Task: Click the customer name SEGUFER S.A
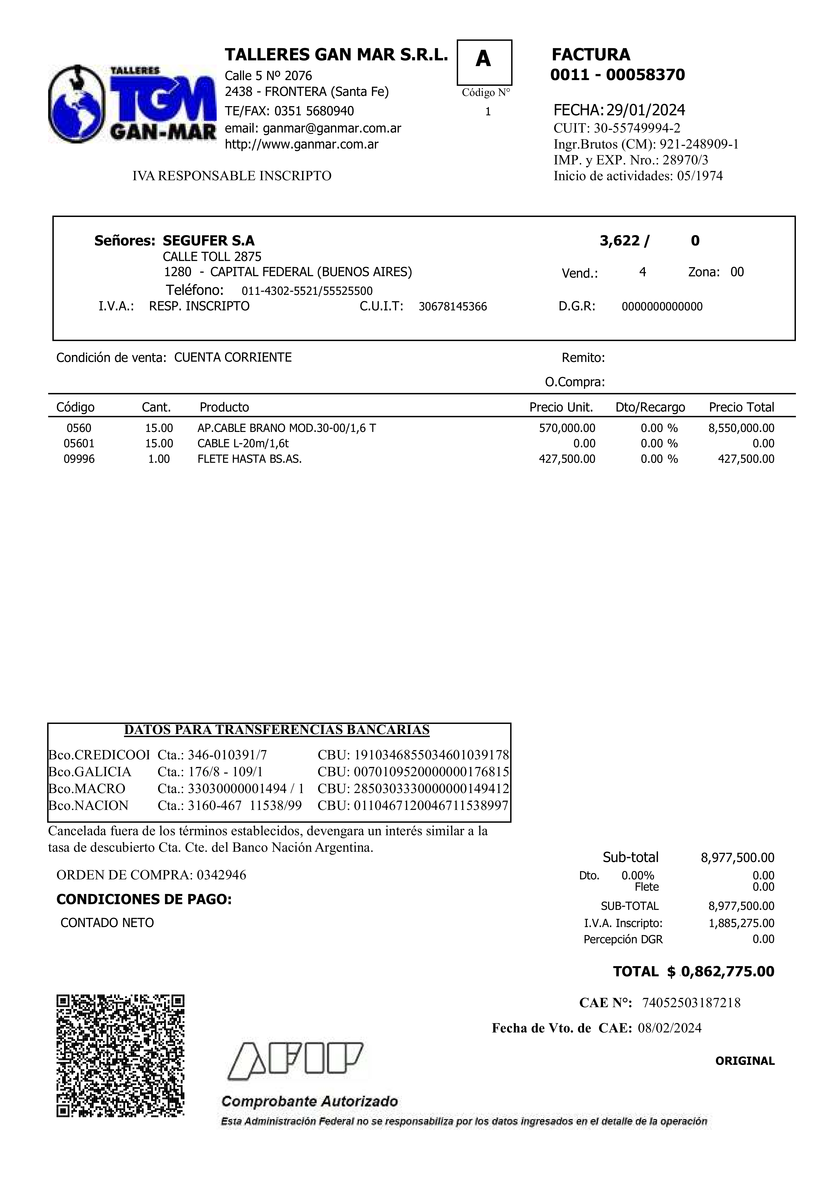pyautogui.click(x=208, y=241)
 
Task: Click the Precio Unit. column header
pyautogui.click(x=561, y=407)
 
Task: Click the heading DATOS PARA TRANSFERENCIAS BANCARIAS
pyautogui.click(x=277, y=730)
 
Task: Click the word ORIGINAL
pyautogui.click(x=744, y=1061)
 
